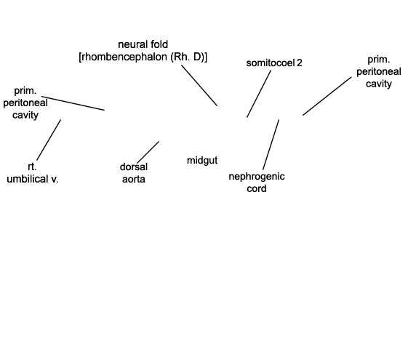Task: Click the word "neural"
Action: [x=132, y=44]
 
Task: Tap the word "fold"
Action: [x=159, y=44]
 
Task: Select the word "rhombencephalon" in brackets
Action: [x=124, y=57]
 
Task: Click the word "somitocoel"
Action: [x=271, y=63]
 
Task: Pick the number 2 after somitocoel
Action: [x=299, y=63]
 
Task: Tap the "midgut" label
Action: [x=202, y=161]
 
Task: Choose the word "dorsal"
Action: [x=134, y=167]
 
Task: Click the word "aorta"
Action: [x=134, y=179]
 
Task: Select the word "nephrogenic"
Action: [x=257, y=177]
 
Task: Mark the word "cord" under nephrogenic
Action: [x=257, y=188]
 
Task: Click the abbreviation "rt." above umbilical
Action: [x=32, y=167]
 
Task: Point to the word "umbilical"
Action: [x=27, y=179]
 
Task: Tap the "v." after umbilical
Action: [x=55, y=180]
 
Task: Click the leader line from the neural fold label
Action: [x=199, y=85]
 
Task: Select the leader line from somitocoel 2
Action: [x=259, y=94]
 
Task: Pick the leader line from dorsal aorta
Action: [x=148, y=152]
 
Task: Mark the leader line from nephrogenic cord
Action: [x=271, y=145]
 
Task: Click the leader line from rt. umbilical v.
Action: [x=49, y=140]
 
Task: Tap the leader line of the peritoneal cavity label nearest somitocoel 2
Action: [x=327, y=96]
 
